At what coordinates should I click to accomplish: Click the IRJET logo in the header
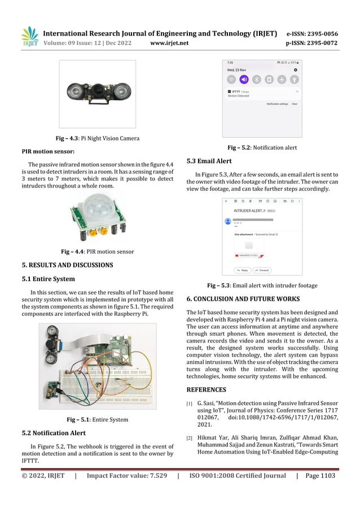pyautogui.click(x=29, y=36)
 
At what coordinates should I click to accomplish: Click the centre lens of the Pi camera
pyautogui.click(x=98, y=90)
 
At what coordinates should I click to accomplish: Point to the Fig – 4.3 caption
pyautogui.click(x=97, y=138)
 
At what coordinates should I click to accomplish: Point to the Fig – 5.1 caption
pyautogui.click(x=97, y=419)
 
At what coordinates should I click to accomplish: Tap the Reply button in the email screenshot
pyautogui.click(x=241, y=270)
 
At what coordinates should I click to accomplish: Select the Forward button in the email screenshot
pyautogui.click(x=262, y=270)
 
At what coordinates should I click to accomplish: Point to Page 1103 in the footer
pyautogui.click(x=319, y=476)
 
